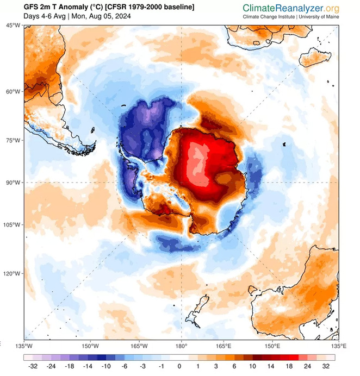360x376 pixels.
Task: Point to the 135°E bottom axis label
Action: (338, 346)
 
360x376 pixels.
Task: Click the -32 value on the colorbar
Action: (31, 366)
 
